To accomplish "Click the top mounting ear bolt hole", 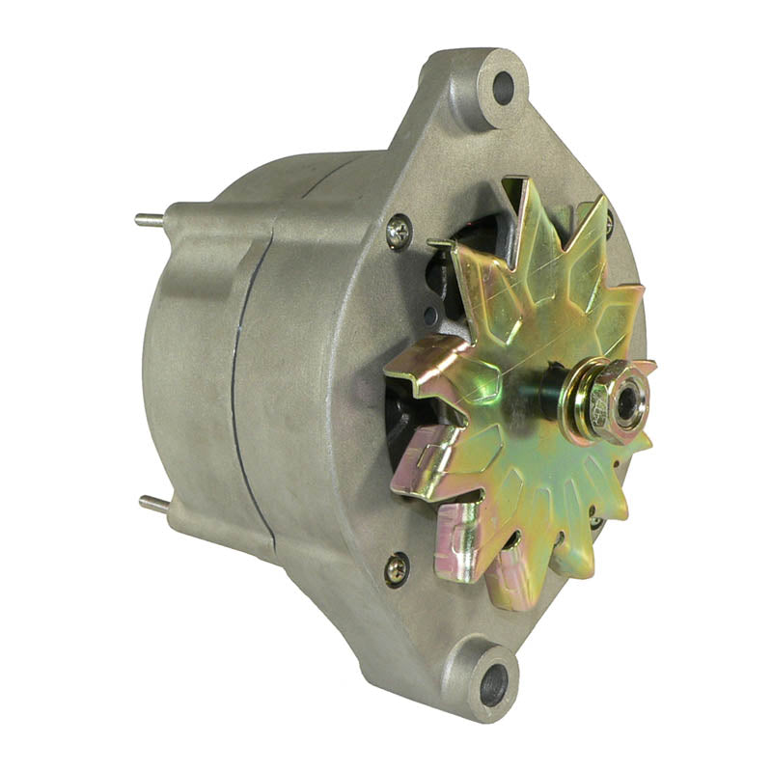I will pyautogui.click(x=504, y=88).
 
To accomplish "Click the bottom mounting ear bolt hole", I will pyautogui.click(x=493, y=683).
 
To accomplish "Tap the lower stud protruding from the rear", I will pyautogui.click(x=153, y=504).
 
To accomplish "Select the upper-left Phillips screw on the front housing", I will pyautogui.click(x=398, y=231).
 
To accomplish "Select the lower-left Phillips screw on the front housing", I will pyautogui.click(x=396, y=569).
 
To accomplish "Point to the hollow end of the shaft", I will pyautogui.click(x=628, y=404).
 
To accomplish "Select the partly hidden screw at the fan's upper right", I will pyautogui.click(x=608, y=224).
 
